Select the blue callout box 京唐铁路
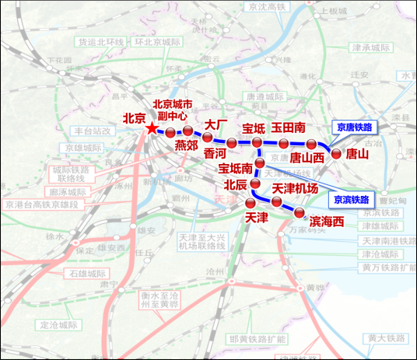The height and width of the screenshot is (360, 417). coord(353,125)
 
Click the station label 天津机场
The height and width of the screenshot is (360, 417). coord(295,189)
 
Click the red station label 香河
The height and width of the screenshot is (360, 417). coord(215,154)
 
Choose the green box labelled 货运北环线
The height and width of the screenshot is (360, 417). coord(101,42)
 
